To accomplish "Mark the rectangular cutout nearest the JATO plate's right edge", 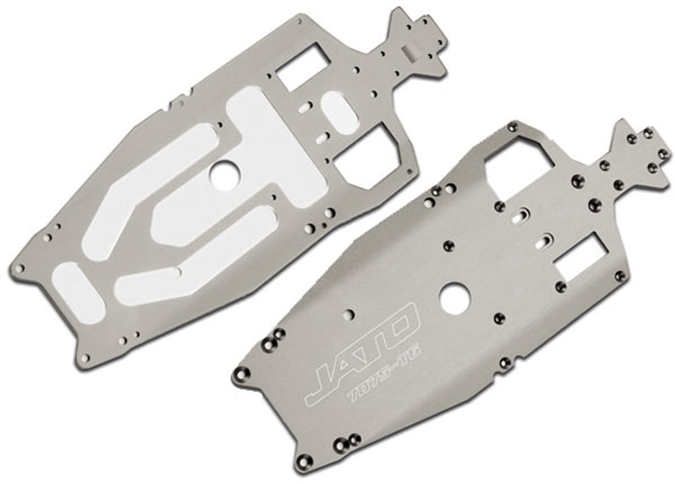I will pyautogui.click(x=586, y=257).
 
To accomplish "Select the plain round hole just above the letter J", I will pyautogui.click(x=348, y=314).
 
